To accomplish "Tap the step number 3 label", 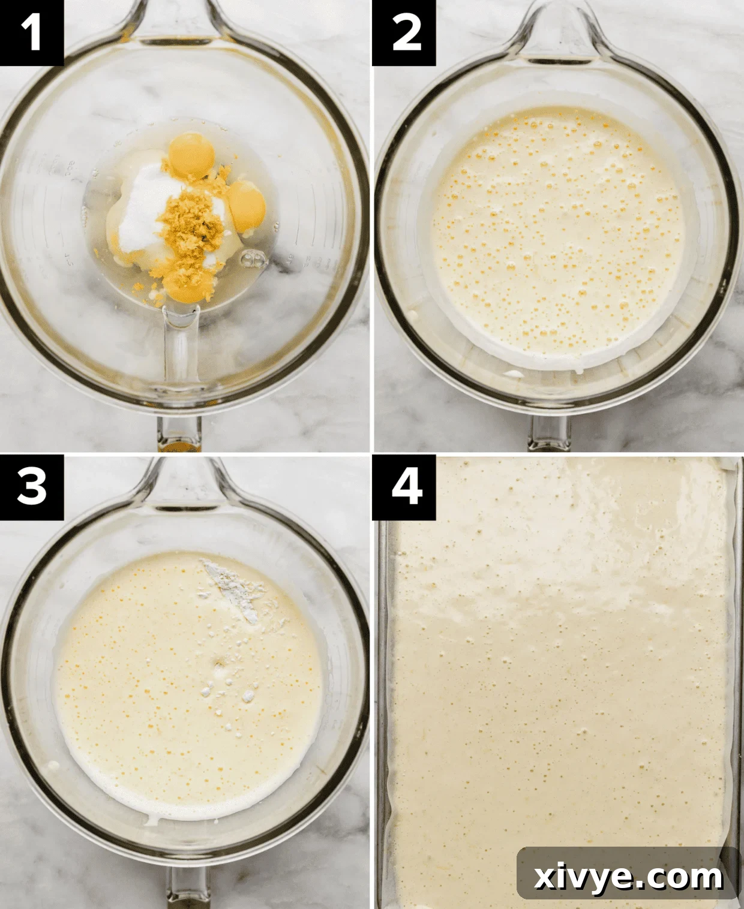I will pyautogui.click(x=31, y=486).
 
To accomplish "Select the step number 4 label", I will pyautogui.click(x=405, y=486).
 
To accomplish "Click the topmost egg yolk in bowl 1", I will pyautogui.click(x=192, y=155).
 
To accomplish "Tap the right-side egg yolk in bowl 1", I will pyautogui.click(x=247, y=206).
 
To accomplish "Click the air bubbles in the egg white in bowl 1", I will pyautogui.click(x=252, y=259).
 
